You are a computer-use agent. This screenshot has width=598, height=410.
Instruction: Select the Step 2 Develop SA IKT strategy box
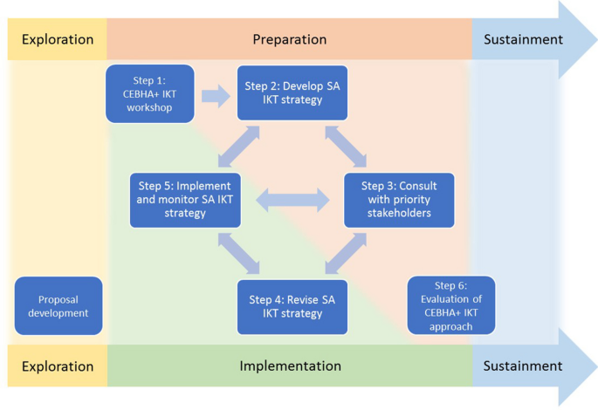(x=292, y=92)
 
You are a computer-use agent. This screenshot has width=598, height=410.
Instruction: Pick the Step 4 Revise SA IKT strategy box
(x=292, y=306)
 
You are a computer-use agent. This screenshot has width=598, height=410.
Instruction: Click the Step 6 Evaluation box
(x=450, y=305)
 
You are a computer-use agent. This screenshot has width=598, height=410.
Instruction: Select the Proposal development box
(x=58, y=305)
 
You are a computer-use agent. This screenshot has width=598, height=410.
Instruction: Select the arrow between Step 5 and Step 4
(x=238, y=254)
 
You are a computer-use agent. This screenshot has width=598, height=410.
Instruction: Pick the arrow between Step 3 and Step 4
(x=347, y=254)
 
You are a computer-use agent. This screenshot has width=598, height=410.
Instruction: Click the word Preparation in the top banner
(x=290, y=39)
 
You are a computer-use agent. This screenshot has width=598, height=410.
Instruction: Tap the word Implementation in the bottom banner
(x=290, y=366)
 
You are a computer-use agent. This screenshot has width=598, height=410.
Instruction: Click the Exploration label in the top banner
(x=57, y=39)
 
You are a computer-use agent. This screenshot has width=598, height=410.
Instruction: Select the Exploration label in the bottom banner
(x=57, y=366)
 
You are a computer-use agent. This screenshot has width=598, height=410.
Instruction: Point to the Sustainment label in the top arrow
(x=524, y=39)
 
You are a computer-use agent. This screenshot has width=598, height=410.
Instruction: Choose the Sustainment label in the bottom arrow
(x=524, y=366)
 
